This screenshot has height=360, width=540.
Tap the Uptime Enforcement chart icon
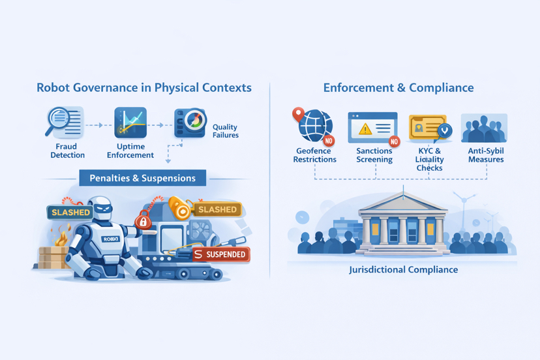[x=130, y=123]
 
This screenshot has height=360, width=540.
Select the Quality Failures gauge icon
[x=190, y=123]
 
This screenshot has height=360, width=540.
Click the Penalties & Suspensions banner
[x=142, y=178]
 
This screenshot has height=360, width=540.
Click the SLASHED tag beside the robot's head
[x=70, y=212]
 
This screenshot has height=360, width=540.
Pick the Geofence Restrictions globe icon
[x=314, y=125]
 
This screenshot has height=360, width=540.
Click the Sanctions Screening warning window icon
[x=372, y=127]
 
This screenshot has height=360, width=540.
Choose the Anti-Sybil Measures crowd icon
[x=484, y=128]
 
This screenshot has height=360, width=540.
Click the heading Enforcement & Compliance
[x=398, y=87]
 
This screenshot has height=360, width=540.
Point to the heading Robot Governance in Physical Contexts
[x=144, y=87]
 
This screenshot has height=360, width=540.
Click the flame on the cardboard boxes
[x=61, y=237]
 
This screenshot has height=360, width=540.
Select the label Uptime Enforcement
[x=130, y=151]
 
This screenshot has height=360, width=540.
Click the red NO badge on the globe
[x=328, y=140]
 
